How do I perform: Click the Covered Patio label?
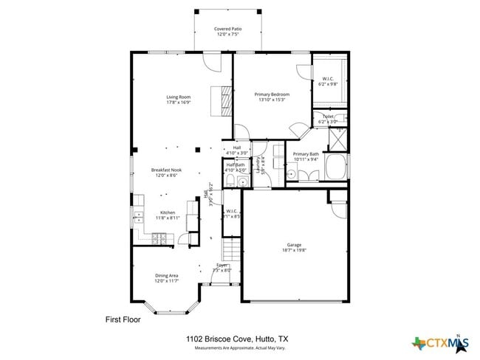click(228, 32)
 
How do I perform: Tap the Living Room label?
click(178, 100)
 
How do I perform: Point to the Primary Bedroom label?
click(272, 97)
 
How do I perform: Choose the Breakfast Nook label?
click(167, 172)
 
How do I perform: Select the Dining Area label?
click(166, 277)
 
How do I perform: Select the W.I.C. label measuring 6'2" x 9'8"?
click(328, 82)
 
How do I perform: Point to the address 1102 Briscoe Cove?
click(237, 339)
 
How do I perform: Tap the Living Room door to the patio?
click(213, 60)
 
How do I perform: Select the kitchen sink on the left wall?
click(137, 217)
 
